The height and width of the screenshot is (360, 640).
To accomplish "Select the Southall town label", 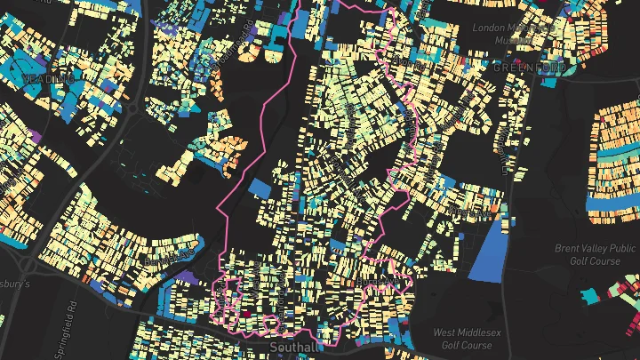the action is click(293, 348).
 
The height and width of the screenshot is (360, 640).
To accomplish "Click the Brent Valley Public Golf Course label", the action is click(594, 254).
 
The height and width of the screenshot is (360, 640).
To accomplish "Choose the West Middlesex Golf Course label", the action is click(462, 339).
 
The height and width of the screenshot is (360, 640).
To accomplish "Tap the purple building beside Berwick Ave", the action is click(187, 278).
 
